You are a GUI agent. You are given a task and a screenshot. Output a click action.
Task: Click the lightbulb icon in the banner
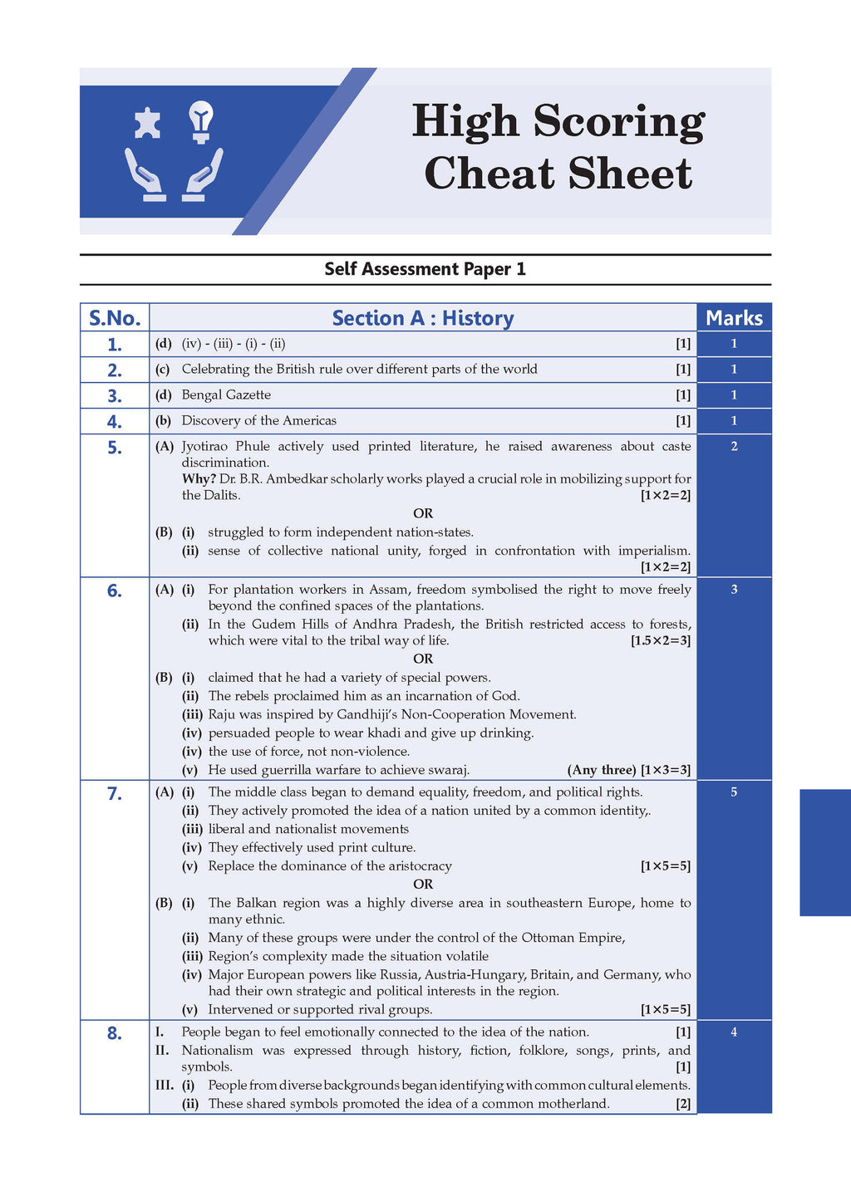201,121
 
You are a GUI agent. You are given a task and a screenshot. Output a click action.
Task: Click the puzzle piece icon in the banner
147,123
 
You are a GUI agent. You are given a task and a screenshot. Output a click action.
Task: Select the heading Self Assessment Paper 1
425,269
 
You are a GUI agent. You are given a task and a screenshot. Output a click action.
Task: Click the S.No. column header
115,318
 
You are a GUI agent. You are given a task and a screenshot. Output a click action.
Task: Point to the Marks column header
734,318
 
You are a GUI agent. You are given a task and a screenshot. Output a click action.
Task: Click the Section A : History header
422,318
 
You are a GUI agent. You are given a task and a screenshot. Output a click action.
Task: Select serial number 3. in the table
115,396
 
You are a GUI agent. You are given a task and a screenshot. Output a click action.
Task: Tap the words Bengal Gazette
226,395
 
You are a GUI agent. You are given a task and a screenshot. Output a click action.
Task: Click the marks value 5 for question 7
734,792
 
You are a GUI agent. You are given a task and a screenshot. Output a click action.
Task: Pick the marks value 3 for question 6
734,590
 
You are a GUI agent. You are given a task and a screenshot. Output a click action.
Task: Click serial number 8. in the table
115,1033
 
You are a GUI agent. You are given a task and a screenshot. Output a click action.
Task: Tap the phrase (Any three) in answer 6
602,770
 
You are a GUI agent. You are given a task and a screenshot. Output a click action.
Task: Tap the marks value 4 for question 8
734,1032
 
